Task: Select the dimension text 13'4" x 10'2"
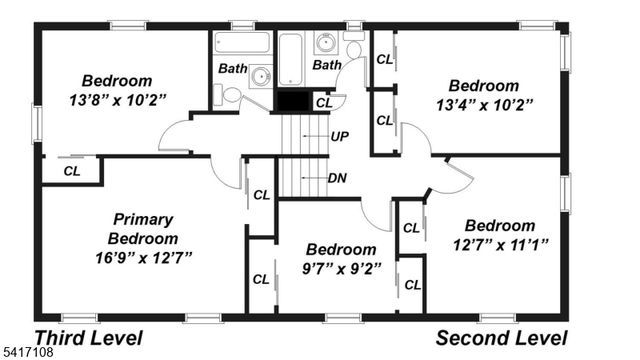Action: [x=483, y=103]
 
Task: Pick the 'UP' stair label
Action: [x=340, y=136]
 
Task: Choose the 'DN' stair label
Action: [x=338, y=178]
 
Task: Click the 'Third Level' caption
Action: [x=89, y=338]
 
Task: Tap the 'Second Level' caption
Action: [x=502, y=338]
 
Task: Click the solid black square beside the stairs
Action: [x=292, y=101]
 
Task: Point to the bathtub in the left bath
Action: [x=242, y=43]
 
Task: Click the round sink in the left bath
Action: [x=260, y=77]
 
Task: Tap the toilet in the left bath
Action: [x=229, y=95]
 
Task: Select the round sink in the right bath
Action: [x=326, y=43]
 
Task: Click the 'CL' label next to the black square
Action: [x=324, y=102]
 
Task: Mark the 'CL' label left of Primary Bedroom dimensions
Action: [x=72, y=171]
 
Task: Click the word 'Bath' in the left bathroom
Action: [x=233, y=69]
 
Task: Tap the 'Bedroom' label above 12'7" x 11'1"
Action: [x=500, y=225]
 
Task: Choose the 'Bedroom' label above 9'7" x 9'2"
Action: [x=341, y=249]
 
